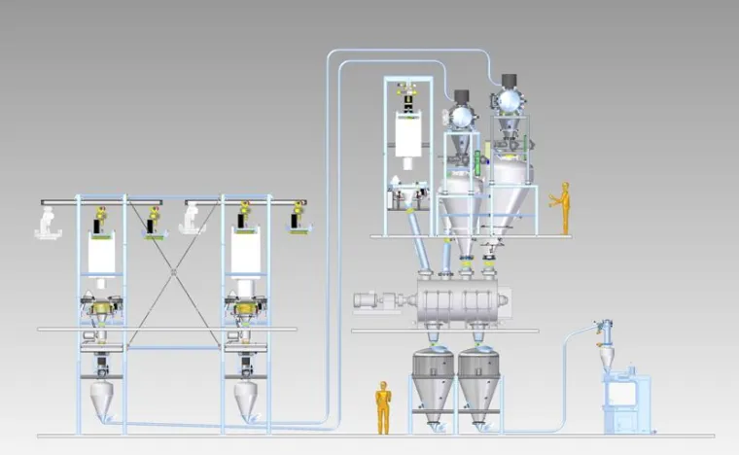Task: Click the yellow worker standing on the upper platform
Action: (x=561, y=206)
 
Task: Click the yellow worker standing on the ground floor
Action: (x=383, y=406)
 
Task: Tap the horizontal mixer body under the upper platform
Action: (x=457, y=302)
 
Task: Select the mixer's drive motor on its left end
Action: (x=373, y=301)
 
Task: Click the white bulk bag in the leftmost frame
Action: (x=103, y=252)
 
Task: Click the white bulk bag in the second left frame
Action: (x=244, y=252)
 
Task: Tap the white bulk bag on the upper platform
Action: (x=409, y=132)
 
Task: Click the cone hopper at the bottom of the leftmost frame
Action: (x=101, y=398)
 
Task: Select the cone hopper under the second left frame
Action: (x=245, y=398)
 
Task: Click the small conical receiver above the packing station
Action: (x=606, y=354)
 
